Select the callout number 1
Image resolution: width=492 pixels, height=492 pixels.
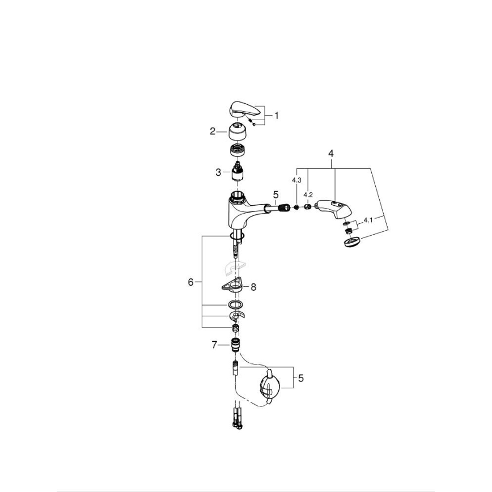[277, 115]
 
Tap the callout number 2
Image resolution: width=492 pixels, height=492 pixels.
[213, 131]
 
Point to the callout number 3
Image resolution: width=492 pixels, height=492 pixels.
[218, 172]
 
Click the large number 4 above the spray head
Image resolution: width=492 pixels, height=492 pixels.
[331, 153]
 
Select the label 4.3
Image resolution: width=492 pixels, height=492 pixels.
[296, 180]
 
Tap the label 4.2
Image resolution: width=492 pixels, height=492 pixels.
[308, 194]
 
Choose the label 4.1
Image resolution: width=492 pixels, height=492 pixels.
[368, 219]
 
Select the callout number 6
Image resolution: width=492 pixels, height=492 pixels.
[191, 281]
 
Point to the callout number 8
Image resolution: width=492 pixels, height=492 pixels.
[253, 287]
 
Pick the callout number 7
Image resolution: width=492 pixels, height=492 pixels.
[214, 344]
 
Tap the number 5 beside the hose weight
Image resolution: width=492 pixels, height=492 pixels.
[300, 378]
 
